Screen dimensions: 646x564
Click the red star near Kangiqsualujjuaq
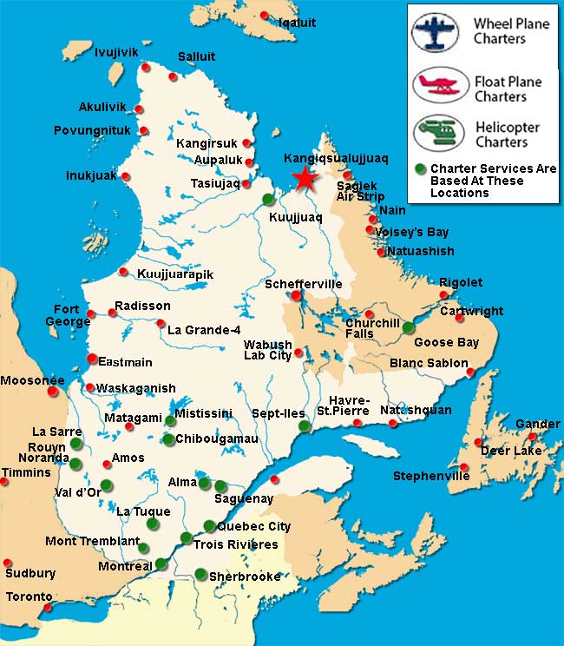[304, 178]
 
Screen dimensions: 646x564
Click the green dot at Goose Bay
[409, 327]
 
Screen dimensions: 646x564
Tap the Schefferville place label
[303, 284]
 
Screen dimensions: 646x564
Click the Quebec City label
[253, 526]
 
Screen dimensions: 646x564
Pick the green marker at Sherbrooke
[200, 574]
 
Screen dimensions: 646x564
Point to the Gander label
[537, 424]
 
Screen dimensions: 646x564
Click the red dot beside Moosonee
[53, 392]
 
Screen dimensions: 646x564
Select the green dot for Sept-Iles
[304, 426]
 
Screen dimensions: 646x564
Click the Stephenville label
[430, 476]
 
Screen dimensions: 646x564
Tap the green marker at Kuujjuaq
[268, 199]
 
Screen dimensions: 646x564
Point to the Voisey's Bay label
[411, 232]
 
